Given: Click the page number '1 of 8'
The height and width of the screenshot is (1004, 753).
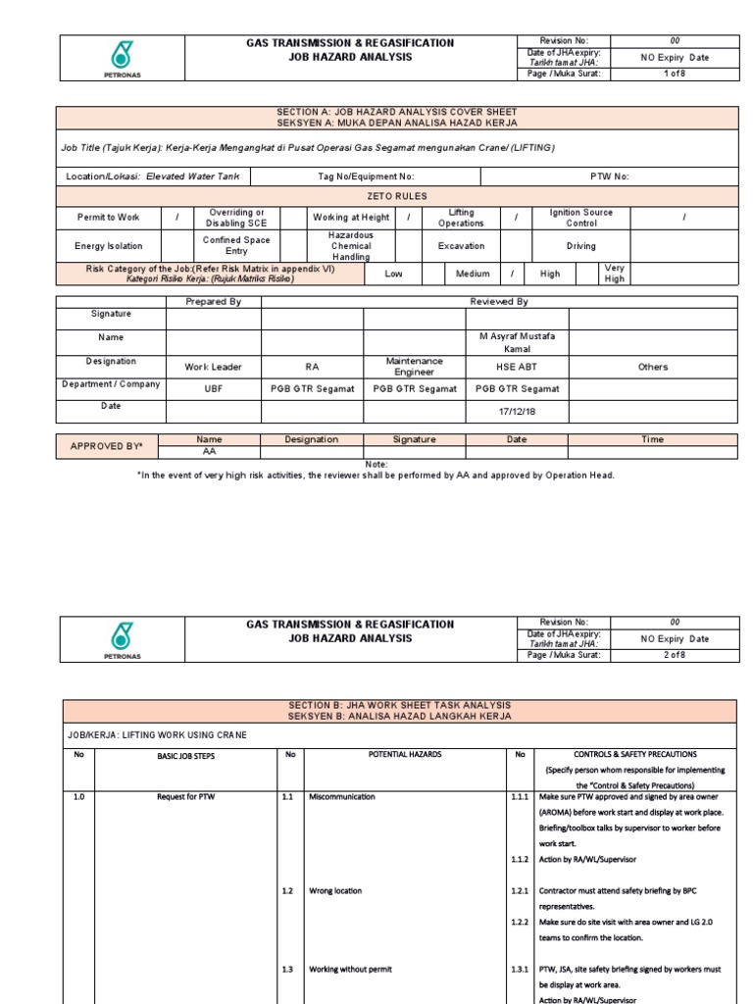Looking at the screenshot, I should click(x=675, y=74).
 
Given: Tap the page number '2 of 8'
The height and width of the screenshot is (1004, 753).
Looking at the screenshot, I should click(x=675, y=655).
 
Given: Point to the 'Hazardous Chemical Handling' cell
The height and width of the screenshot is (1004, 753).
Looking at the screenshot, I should click(x=351, y=246).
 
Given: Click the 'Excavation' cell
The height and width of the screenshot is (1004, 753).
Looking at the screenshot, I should click(x=461, y=246).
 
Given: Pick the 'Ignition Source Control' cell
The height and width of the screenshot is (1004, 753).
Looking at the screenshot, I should click(x=580, y=218).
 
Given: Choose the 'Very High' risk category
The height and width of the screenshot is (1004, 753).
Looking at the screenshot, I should click(x=614, y=274).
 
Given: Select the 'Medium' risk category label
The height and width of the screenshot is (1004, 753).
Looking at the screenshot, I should click(x=473, y=275).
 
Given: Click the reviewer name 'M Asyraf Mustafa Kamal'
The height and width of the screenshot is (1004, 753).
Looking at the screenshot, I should click(x=517, y=342).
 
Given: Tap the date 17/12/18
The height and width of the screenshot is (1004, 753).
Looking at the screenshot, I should click(x=517, y=411).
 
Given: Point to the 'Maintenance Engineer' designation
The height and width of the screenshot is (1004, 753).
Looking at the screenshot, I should click(x=414, y=367).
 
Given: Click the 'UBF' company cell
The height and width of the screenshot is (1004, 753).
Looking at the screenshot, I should click(x=213, y=389).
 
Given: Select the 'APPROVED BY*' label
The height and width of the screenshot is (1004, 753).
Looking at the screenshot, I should click(x=107, y=446).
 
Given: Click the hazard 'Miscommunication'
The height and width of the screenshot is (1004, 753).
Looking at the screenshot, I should click(x=341, y=797).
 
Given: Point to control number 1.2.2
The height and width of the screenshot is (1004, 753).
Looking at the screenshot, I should click(x=520, y=922).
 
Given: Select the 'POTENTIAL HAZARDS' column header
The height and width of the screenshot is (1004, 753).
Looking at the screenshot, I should click(x=404, y=755).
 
